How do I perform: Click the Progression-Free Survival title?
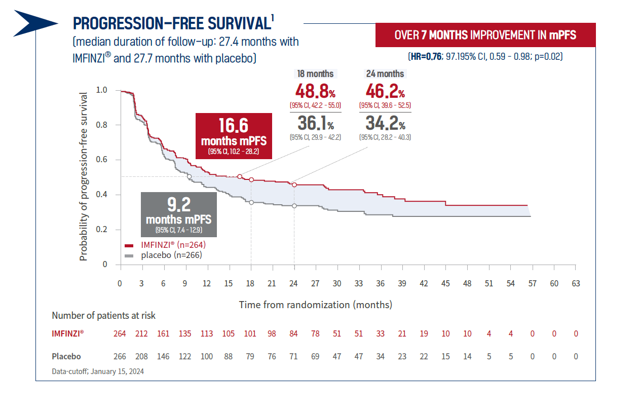pyautogui.click(x=171, y=23)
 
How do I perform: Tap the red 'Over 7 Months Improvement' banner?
pyautogui.click(x=485, y=35)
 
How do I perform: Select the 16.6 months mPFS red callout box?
pyautogui.click(x=234, y=136)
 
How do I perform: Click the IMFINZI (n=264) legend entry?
pyautogui.click(x=165, y=245)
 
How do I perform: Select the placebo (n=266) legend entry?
pyautogui.click(x=163, y=255)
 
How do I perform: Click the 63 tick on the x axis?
pyautogui.click(x=576, y=284)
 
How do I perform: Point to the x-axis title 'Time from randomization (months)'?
pyautogui.click(x=316, y=305)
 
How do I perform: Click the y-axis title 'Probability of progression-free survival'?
pyautogui.click(x=84, y=176)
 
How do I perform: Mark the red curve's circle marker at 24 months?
pyautogui.click(x=294, y=184)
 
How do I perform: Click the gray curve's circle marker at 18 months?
pyautogui.click(x=251, y=202)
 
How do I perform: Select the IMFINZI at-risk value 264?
pyautogui.click(x=120, y=333)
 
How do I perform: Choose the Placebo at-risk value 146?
pyautogui.click(x=163, y=356)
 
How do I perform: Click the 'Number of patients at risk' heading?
pyautogui.click(x=104, y=315)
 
